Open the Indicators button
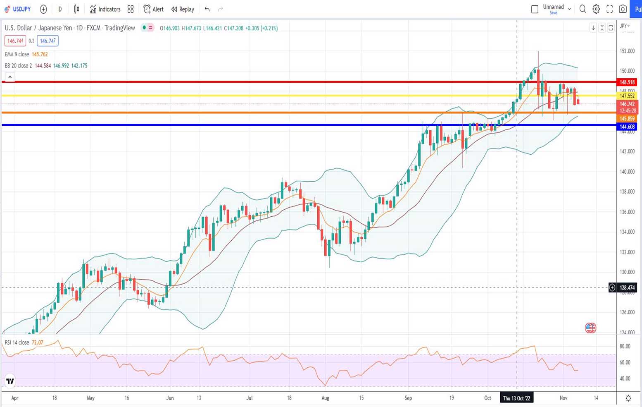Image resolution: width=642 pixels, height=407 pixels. pyautogui.click(x=105, y=9)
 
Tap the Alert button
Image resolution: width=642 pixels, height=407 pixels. pyautogui.click(x=154, y=9)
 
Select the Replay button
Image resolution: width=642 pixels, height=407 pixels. pyautogui.click(x=183, y=9)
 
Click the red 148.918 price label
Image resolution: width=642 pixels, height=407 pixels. pyautogui.click(x=627, y=82)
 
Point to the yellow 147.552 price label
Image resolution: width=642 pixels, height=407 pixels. pyautogui.click(x=627, y=96)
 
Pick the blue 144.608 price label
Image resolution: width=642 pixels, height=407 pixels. pyautogui.click(x=627, y=127)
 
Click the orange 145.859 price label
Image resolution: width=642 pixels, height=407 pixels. pyautogui.click(x=627, y=119)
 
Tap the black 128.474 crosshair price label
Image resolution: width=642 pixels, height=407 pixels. pyautogui.click(x=627, y=287)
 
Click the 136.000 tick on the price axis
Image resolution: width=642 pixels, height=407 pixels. pyautogui.click(x=627, y=212)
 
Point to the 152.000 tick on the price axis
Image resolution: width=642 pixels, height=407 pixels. pyautogui.click(x=627, y=51)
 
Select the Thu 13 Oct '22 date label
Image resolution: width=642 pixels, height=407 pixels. pyautogui.click(x=516, y=398)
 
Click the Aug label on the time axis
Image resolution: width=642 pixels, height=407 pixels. pyautogui.click(x=326, y=398)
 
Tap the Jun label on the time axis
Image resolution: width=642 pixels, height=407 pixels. pyautogui.click(x=170, y=398)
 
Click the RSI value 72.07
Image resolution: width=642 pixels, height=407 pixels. pyautogui.click(x=37, y=342)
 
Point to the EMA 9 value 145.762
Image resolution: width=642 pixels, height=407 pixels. pyautogui.click(x=40, y=54)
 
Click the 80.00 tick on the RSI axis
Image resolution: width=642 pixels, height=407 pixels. pyautogui.click(x=625, y=347)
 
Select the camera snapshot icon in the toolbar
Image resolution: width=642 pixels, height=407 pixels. pyautogui.click(x=623, y=9)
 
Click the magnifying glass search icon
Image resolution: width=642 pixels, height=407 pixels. pyautogui.click(x=583, y=9)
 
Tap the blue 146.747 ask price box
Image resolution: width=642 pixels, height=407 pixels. pyautogui.click(x=48, y=41)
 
